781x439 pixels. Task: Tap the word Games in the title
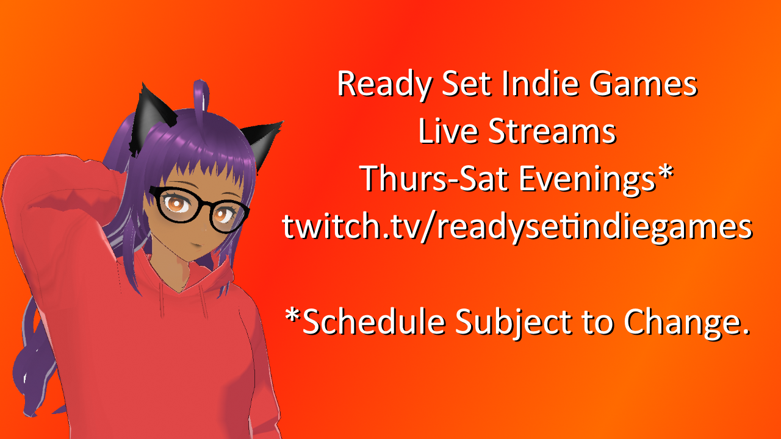(643, 84)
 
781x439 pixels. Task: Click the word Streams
(552, 132)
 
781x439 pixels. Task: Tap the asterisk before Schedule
(293, 316)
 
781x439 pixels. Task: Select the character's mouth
(196, 246)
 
